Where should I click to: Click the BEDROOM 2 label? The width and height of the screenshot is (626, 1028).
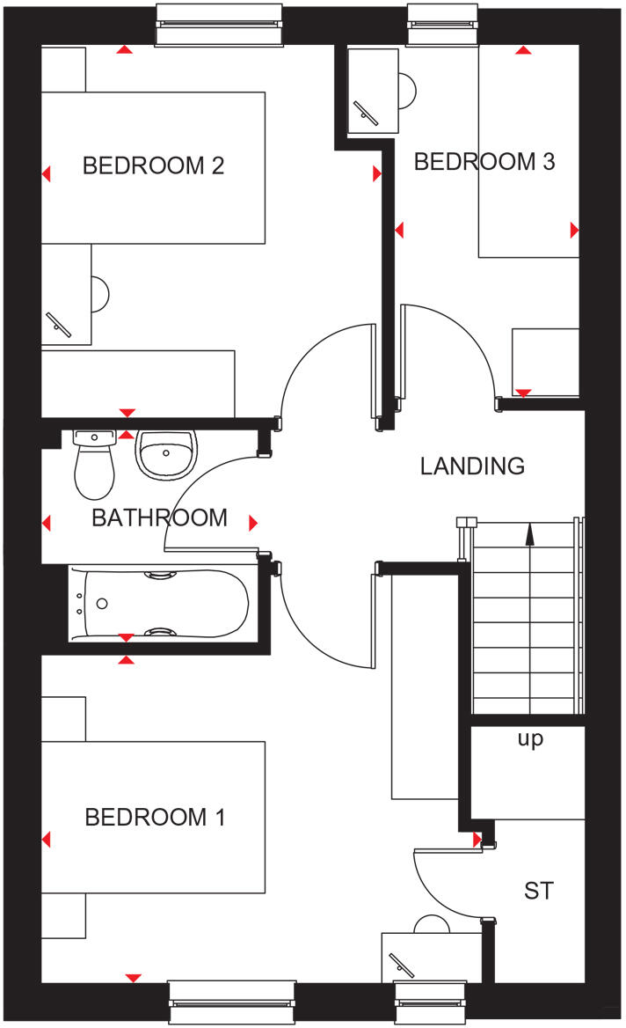click(x=153, y=165)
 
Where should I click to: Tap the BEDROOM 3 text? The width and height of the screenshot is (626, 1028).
click(x=484, y=162)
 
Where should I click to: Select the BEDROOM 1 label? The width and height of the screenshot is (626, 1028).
click(x=155, y=817)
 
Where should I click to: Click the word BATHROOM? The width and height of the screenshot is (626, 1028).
click(x=159, y=518)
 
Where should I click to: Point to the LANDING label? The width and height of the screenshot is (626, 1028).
click(x=472, y=466)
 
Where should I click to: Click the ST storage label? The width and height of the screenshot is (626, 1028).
click(x=538, y=891)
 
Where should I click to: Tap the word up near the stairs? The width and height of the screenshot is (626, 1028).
click(x=530, y=739)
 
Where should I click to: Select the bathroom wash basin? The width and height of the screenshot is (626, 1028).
click(x=167, y=456)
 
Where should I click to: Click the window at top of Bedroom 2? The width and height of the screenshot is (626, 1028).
click(x=220, y=25)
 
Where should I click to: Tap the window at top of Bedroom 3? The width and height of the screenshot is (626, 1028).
click(x=444, y=25)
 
